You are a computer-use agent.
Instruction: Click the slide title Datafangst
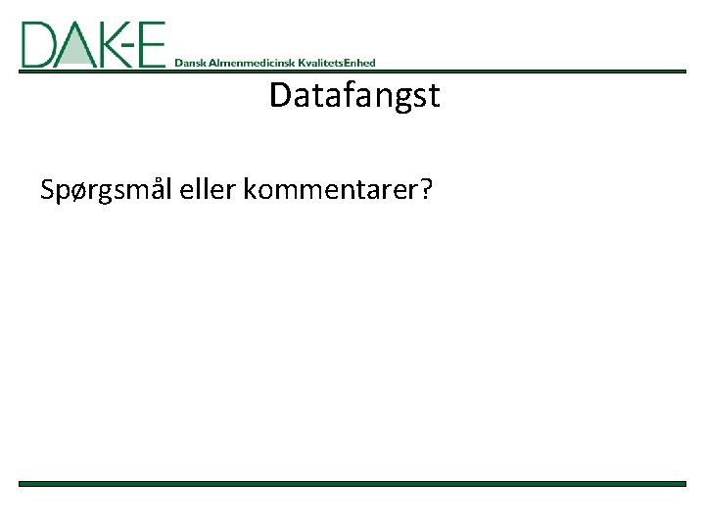354,96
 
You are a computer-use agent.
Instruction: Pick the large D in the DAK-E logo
39,44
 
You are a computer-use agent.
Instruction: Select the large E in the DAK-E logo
151,44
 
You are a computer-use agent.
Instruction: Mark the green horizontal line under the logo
431,71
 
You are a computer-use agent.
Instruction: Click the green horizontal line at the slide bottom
352,483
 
